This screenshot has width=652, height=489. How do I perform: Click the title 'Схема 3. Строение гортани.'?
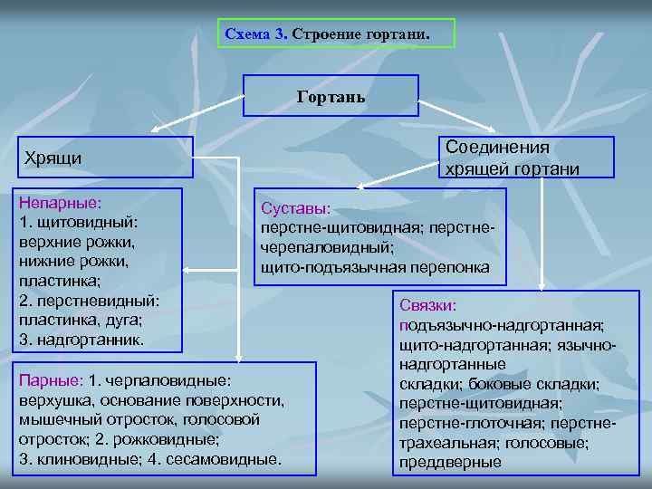click(x=336, y=34)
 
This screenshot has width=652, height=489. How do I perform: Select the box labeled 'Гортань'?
click(x=331, y=95)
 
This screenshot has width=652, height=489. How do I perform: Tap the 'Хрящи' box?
click(x=104, y=158)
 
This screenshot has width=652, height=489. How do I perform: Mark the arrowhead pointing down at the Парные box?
click(x=237, y=356)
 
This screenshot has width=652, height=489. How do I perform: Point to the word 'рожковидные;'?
click(x=177, y=439)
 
